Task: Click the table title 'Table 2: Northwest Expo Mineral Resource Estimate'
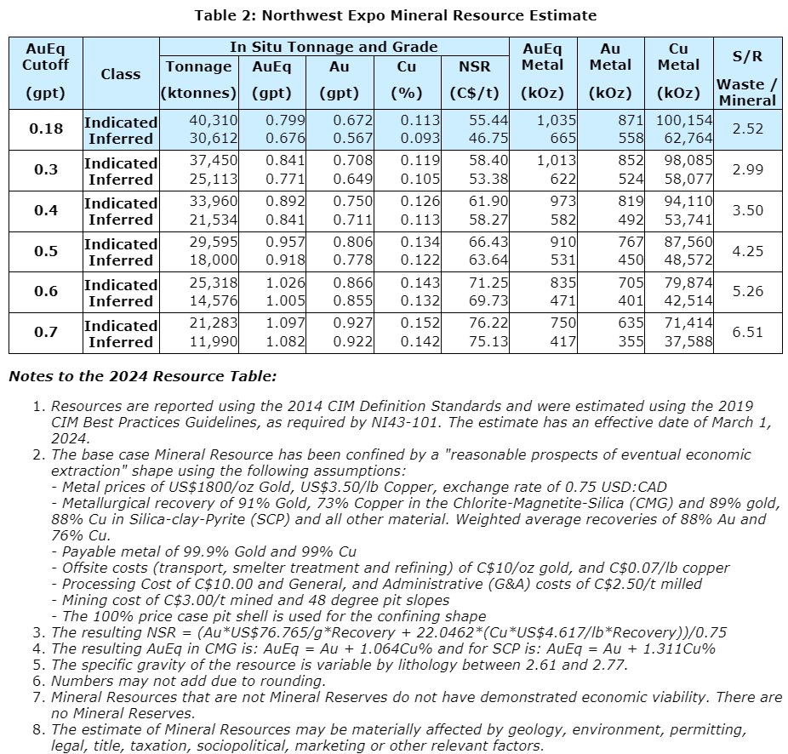(395, 15)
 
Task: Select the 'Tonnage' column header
(198, 66)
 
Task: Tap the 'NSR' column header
(474, 66)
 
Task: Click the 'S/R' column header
(746, 57)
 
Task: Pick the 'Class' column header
(121, 74)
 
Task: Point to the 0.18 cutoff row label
(46, 129)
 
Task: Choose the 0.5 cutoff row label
(46, 251)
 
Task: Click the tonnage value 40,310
(214, 122)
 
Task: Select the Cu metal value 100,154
(678, 122)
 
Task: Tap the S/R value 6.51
(748, 332)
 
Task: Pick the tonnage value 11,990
(214, 341)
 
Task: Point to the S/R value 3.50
(748, 210)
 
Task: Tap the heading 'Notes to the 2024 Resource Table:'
(142, 376)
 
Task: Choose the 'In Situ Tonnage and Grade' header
(334, 48)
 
